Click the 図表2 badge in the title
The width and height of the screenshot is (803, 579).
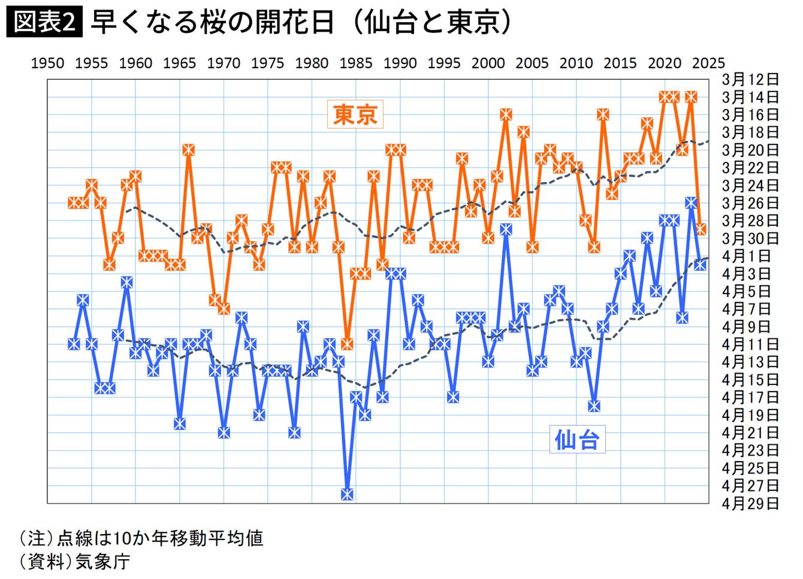44,21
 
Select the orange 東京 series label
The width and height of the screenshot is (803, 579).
355,114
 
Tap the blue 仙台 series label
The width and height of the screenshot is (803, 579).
577,439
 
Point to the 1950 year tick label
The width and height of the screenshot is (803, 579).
47,63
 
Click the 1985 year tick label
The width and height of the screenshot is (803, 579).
356,63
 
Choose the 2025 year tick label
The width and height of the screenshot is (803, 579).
708,63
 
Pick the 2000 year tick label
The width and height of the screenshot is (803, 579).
488,63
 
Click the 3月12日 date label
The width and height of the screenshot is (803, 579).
750,80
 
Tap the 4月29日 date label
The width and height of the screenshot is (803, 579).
750,504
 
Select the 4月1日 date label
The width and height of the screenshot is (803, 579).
746,256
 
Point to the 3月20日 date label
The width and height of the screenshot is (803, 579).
750,150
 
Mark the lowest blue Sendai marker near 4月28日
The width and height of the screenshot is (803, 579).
347,495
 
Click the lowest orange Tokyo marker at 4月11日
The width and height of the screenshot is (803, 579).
347,344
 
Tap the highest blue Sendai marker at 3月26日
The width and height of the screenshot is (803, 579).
691,203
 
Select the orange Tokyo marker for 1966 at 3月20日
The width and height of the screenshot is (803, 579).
189,150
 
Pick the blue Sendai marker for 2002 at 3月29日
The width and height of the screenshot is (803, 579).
506,229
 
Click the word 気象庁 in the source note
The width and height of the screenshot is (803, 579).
102,562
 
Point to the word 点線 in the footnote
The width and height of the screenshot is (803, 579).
75,538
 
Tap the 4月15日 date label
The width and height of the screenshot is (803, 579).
750,380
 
